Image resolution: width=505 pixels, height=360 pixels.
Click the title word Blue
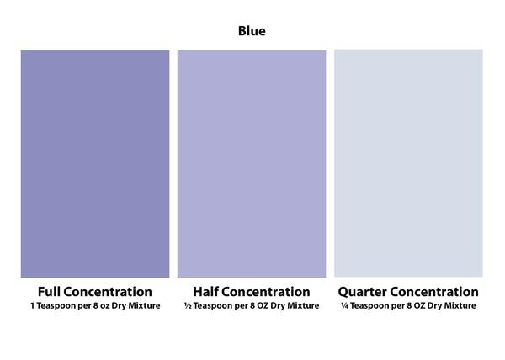pyautogui.click(x=252, y=31)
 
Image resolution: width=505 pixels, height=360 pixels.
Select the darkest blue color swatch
pyautogui.click(x=95, y=164)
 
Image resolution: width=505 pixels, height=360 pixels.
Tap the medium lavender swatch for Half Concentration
pyautogui.click(x=252, y=164)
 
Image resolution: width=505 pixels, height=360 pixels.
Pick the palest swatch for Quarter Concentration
pyautogui.click(x=408, y=163)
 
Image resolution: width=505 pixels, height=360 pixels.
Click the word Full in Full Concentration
pyautogui.click(x=49, y=292)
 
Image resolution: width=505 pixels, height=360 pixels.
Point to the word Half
pyautogui.click(x=205, y=292)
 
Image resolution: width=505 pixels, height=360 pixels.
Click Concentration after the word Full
pyautogui.click(x=108, y=292)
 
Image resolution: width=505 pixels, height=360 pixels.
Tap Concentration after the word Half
pyautogui.click(x=266, y=292)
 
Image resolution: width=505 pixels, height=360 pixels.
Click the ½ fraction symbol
pyautogui.click(x=188, y=305)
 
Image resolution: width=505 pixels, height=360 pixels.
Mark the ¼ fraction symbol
pyautogui.click(x=344, y=305)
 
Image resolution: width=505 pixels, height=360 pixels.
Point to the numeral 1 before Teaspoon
pyautogui.click(x=33, y=305)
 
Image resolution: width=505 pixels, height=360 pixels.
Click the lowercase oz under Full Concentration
pyautogui.click(x=104, y=306)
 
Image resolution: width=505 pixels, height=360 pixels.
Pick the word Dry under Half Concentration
pyautogui.click(x=278, y=306)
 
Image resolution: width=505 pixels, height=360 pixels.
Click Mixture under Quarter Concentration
pyautogui.click(x=460, y=305)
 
